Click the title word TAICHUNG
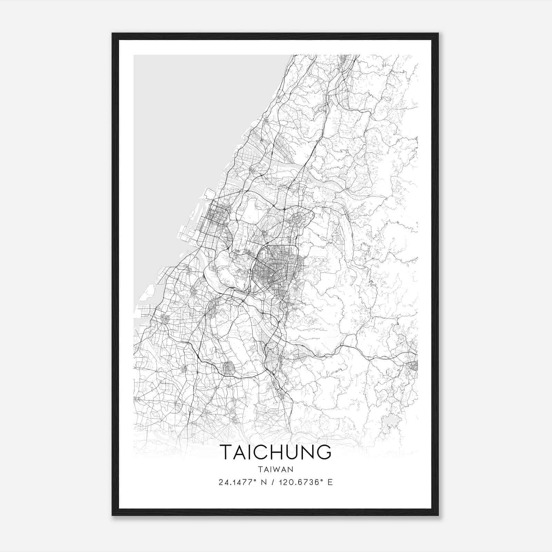pyautogui.click(x=275, y=452)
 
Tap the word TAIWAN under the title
pyautogui.click(x=275, y=470)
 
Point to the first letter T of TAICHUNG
pyautogui.click(x=226, y=452)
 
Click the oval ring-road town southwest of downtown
pyautogui.click(x=229, y=368)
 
